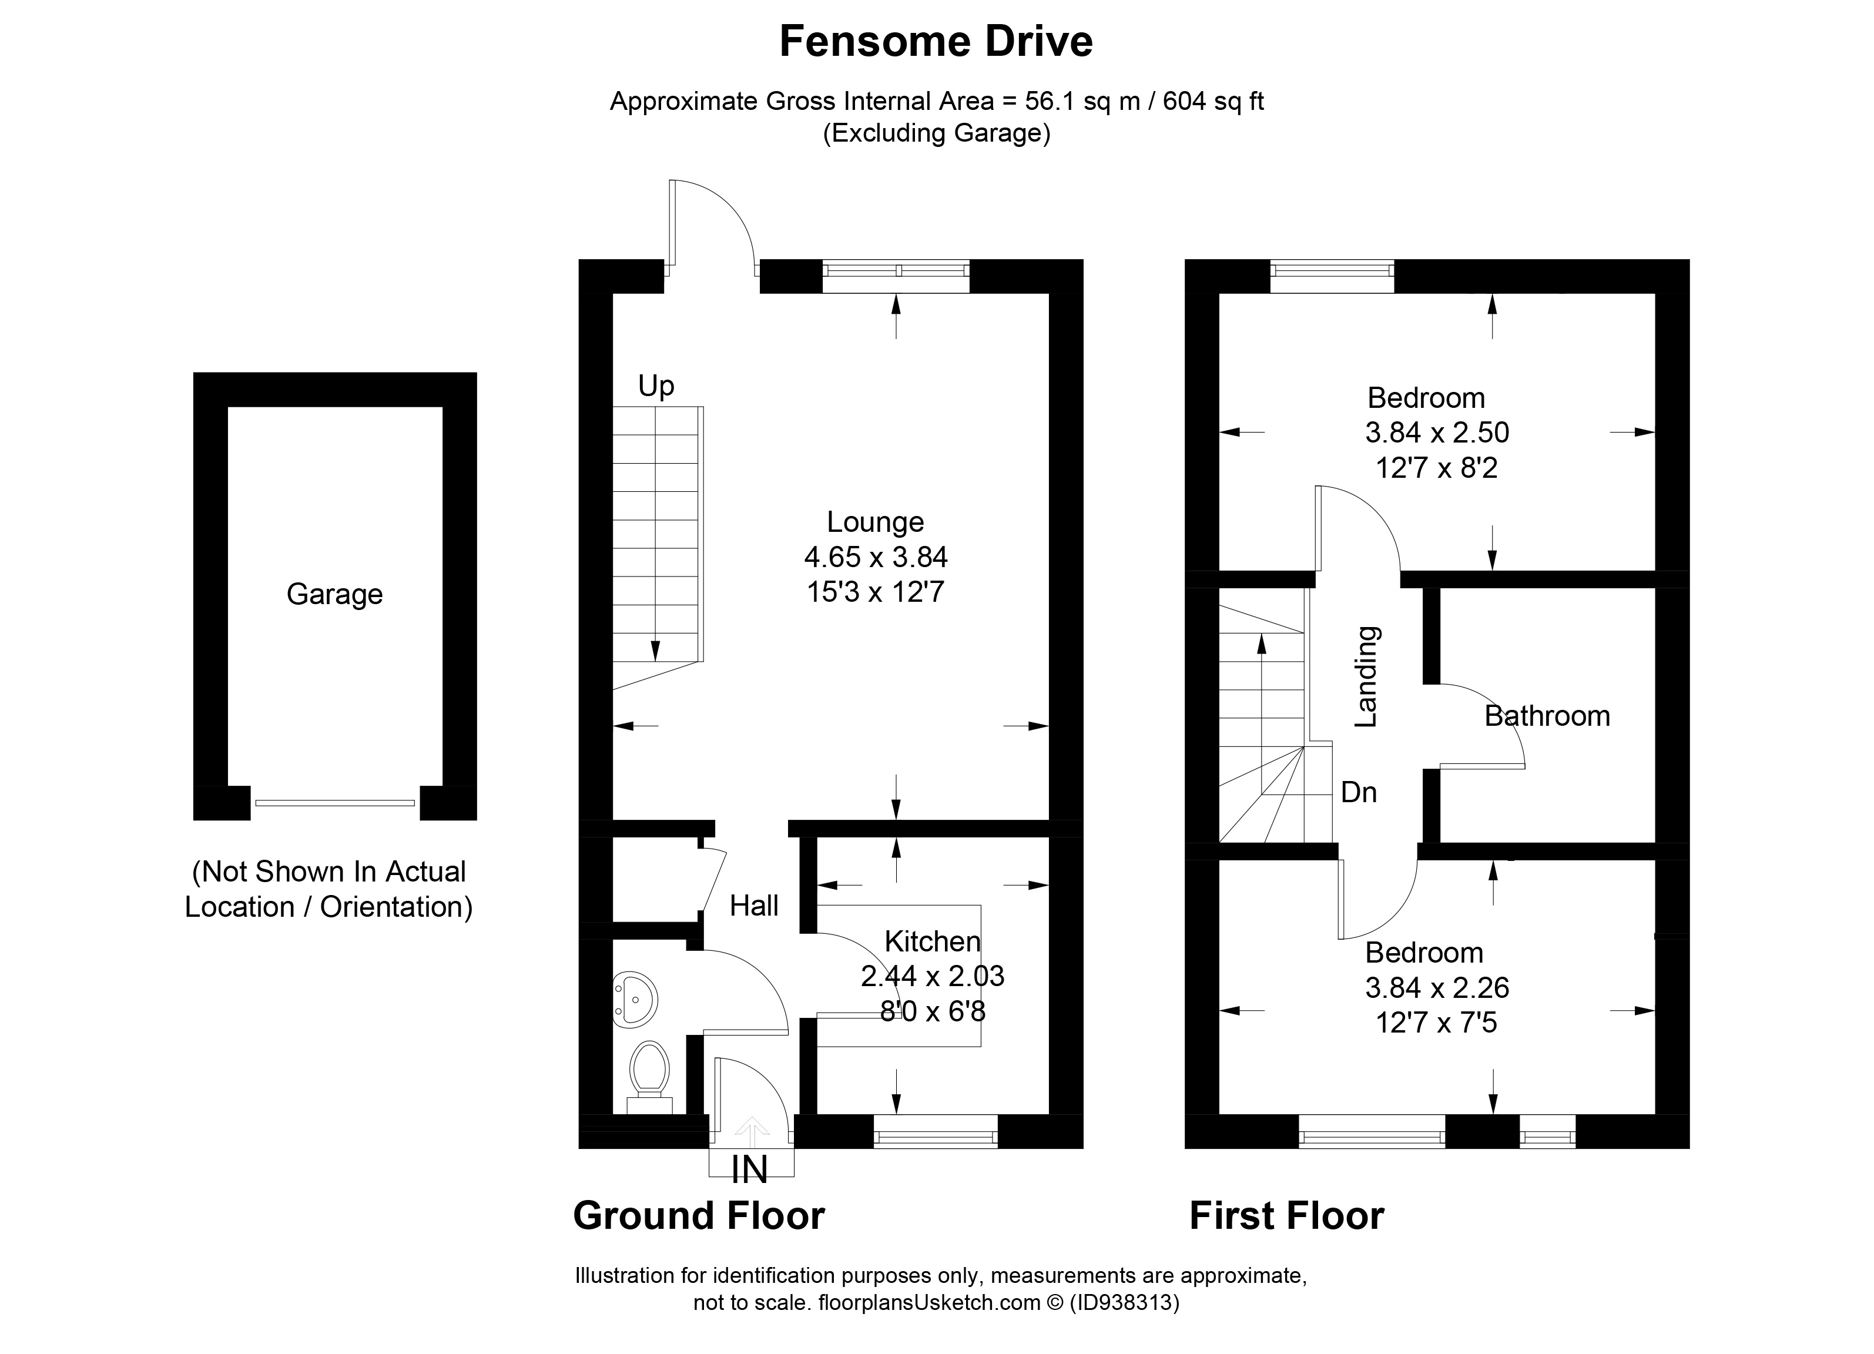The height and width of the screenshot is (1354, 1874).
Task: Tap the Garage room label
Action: click(x=334, y=594)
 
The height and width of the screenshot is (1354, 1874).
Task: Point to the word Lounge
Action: click(x=875, y=522)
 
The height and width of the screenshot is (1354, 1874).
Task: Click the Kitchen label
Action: click(x=932, y=941)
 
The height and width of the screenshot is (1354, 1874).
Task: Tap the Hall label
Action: click(x=753, y=906)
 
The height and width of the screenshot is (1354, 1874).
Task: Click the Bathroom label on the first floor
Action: click(x=1547, y=715)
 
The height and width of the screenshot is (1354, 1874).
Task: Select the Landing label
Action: click(x=1366, y=676)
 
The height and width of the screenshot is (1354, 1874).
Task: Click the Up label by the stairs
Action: click(x=656, y=386)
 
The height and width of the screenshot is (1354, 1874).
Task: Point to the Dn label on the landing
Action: click(x=1359, y=792)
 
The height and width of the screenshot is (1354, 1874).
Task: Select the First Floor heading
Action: click(x=1286, y=1216)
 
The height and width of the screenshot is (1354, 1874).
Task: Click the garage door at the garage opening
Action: click(x=334, y=802)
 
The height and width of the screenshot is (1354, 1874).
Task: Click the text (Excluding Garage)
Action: click(x=936, y=133)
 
